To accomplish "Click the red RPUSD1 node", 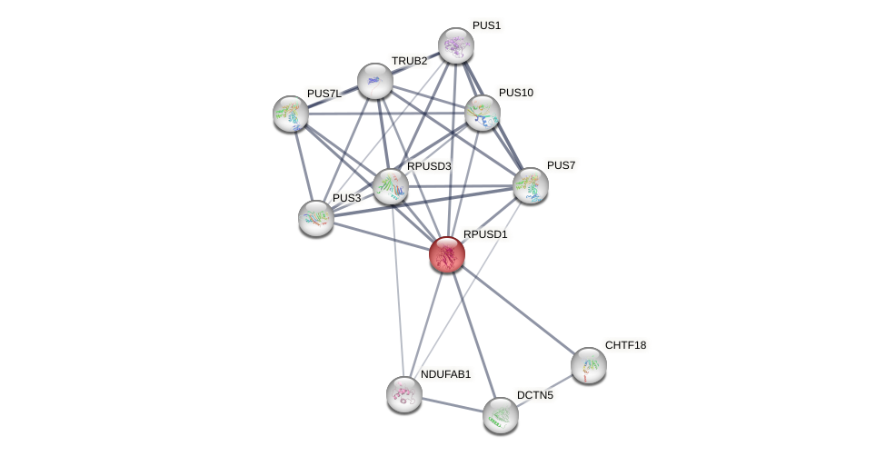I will pos(446,254).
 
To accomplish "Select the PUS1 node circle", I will pos(455,45).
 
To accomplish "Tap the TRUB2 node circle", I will pos(374,81).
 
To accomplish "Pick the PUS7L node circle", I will pos(291,114).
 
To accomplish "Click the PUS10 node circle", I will pos(482,113).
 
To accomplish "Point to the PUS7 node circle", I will pos(530,185).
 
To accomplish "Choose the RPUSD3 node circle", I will pos(391,186).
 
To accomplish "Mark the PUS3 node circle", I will pos(316,218).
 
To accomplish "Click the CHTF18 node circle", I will pos(588,365).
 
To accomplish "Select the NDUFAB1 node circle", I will pos(403,394).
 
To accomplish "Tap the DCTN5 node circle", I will pos(500,415).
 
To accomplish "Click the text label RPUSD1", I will pos(485,234).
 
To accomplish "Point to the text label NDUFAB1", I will pos(445,374).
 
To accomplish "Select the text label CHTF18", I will pos(625,345).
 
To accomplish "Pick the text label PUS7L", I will pos(324,94).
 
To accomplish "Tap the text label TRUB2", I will pos(409,61).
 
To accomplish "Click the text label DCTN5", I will pos(534,395).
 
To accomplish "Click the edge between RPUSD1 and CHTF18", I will pos(517,310).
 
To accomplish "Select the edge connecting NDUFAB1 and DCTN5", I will pos(452,405).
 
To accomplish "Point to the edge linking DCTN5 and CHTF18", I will pos(544,390).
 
